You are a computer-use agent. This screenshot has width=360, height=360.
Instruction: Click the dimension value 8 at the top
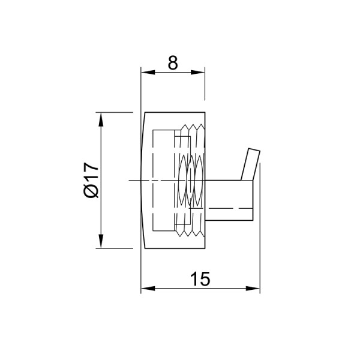(x=173, y=63)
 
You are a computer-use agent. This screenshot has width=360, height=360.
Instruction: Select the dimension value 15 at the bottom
(x=200, y=279)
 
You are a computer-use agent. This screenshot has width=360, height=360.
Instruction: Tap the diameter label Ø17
(x=91, y=180)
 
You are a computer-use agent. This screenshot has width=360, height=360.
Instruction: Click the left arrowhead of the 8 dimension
(x=148, y=73)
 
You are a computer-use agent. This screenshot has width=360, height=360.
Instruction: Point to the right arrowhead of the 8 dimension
(x=197, y=73)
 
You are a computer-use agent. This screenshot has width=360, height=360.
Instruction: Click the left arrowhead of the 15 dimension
(x=148, y=289)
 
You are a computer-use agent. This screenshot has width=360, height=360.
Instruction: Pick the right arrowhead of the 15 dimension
(x=253, y=289)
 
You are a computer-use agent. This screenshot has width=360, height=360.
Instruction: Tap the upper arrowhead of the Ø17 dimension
(x=101, y=119)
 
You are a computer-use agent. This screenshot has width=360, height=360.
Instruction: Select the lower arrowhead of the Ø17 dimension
(x=101, y=241)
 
